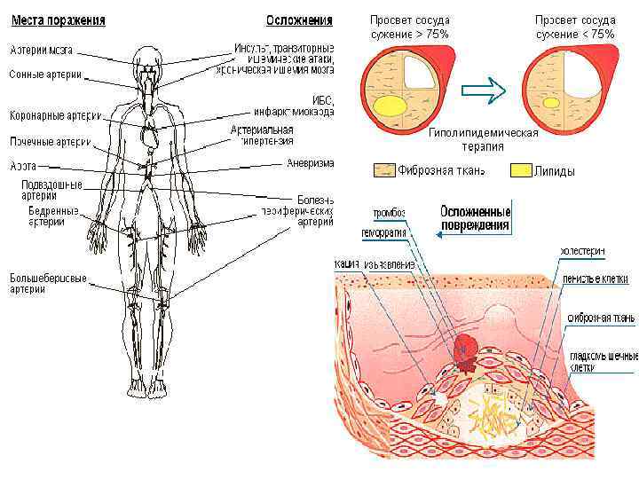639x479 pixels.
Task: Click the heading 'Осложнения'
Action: (x=300, y=20)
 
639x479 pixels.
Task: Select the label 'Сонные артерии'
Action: (x=45, y=75)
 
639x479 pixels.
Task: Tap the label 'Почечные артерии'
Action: (x=50, y=142)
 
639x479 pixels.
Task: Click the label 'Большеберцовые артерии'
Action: (x=48, y=284)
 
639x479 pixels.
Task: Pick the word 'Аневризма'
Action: (x=310, y=163)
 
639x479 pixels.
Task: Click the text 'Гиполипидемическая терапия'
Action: (x=483, y=139)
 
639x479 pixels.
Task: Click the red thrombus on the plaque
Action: (x=465, y=349)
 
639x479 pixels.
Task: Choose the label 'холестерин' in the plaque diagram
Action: (x=582, y=251)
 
